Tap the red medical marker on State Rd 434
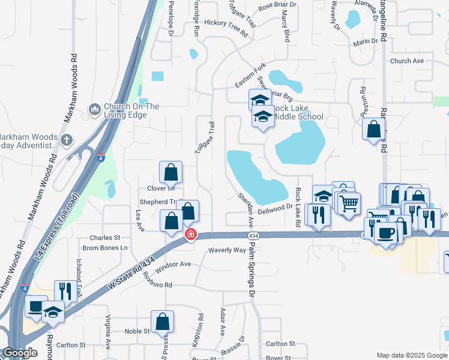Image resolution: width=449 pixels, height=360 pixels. click(191, 234)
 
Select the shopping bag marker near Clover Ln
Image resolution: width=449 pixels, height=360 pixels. click(171, 172)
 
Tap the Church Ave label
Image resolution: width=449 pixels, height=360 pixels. click(407, 61)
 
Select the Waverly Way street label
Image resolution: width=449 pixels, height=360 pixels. click(228, 250)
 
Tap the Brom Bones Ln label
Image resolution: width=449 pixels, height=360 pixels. click(105, 248)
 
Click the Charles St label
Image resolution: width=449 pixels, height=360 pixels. click(105, 238)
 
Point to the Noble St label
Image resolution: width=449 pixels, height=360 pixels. click(137, 331)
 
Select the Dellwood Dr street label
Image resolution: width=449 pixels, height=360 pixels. click(275, 211)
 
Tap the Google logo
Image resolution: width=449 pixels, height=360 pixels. click(20, 353)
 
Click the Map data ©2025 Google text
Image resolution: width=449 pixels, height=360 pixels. click(411, 355)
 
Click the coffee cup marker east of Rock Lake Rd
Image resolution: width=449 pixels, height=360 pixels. click(385, 232)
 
